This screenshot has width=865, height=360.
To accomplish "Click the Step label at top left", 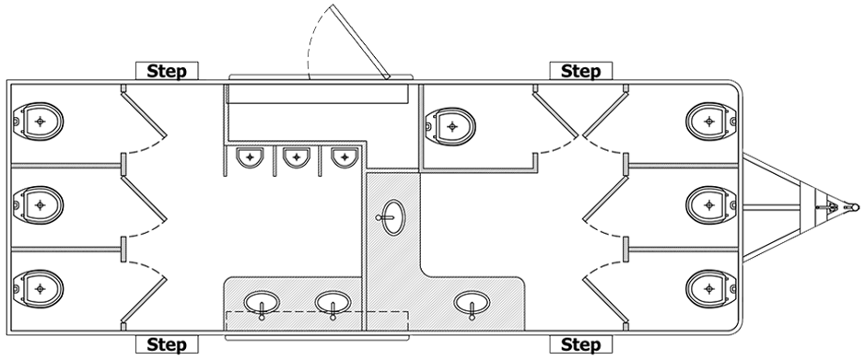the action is click(167, 71).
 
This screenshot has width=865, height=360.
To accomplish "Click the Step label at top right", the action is click(581, 71).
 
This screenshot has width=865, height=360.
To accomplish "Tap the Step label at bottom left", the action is click(167, 344).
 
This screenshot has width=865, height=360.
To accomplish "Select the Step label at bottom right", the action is click(581, 344).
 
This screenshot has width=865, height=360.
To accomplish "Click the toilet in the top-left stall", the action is click(38, 122).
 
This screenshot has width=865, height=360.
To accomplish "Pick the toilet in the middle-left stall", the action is click(38, 205).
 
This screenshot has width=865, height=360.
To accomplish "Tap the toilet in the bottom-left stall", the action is click(38, 288).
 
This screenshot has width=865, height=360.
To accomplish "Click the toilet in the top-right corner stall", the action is click(711, 122).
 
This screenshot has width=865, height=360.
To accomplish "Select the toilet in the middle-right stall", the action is click(711, 205).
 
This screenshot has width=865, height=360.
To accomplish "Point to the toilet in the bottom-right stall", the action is click(711, 288).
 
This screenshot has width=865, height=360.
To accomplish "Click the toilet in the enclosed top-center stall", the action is click(450, 127).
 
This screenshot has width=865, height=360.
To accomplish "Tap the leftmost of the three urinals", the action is click(250, 157).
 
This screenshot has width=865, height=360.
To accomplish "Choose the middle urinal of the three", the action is click(297, 157).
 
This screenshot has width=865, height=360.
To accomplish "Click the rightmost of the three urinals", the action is click(345, 157).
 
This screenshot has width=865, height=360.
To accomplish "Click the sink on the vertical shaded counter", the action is click(392, 217).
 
